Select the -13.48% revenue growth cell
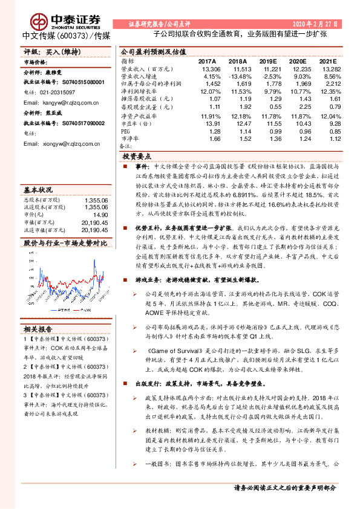click(x=237, y=77)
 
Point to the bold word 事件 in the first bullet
click(x=142, y=165)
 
